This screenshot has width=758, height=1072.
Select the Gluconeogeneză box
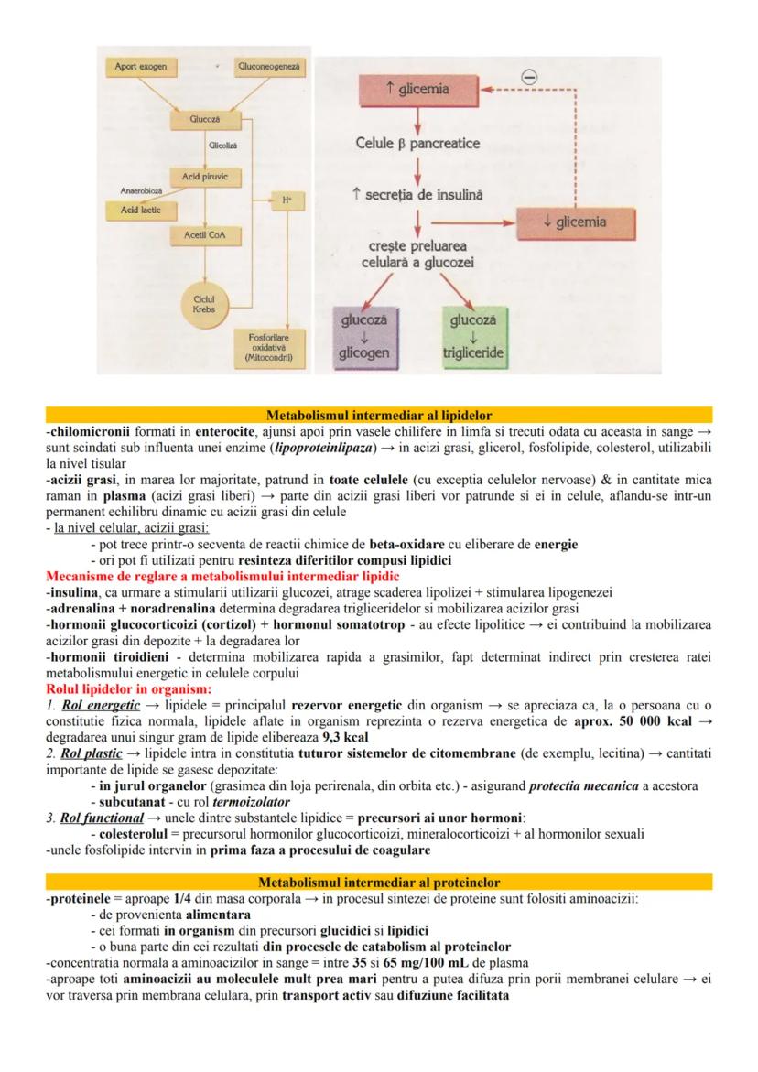tap(271, 67)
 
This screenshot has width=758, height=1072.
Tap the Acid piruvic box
tap(204, 176)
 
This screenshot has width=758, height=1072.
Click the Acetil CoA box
tap(204, 235)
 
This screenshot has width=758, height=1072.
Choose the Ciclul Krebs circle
tap(204, 304)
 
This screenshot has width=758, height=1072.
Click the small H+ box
tap(287, 199)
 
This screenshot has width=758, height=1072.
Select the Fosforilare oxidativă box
tap(269, 348)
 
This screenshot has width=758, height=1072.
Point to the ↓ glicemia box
tap(574, 222)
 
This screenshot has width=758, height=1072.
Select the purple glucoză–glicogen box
tap(364, 337)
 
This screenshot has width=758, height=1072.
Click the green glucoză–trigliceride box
tap(472, 337)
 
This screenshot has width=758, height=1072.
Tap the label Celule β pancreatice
tap(417, 144)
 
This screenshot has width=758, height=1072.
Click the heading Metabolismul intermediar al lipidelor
tap(379, 415)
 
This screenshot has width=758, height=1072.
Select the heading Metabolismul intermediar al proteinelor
tap(379, 883)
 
